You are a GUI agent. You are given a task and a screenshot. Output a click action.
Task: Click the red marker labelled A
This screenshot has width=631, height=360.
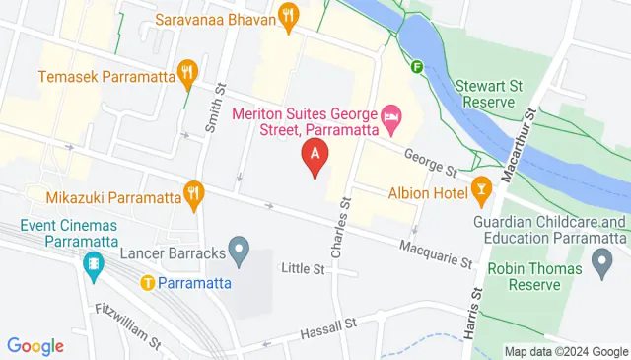point(315,157)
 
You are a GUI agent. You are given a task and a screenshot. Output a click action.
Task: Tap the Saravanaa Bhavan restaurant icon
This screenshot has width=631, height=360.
point(288,15)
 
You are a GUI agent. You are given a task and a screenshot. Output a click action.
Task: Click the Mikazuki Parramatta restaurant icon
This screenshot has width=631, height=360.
point(194,194)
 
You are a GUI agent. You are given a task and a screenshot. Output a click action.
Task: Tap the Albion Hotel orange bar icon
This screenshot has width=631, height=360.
point(481,187)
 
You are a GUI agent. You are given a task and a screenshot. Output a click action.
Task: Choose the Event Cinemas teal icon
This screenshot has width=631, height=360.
point(94,263)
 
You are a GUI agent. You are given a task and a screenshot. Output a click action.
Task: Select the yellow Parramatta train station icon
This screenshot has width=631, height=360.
point(148,282)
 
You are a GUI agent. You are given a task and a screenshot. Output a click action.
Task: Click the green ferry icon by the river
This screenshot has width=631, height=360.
point(417,68)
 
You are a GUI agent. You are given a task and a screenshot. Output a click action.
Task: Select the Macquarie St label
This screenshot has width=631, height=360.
point(436,254)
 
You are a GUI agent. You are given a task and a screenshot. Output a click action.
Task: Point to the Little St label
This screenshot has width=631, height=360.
point(303,268)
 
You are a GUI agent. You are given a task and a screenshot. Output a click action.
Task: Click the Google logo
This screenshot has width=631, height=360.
point(35,346)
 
